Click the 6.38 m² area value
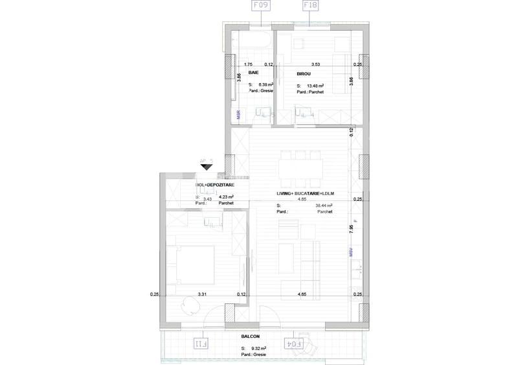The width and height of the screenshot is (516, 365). pyautogui.click(x=266, y=85)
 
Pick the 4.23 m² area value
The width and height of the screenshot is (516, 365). pyautogui.click(x=226, y=197)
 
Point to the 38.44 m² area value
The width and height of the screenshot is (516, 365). pyautogui.click(x=324, y=206)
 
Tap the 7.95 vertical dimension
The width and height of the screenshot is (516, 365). pyautogui.click(x=350, y=227)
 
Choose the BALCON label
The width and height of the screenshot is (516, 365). pyautogui.click(x=251, y=336)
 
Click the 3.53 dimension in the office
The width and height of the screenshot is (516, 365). pyautogui.click(x=316, y=64)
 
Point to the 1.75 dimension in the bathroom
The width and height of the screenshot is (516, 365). pyautogui.click(x=247, y=64)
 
